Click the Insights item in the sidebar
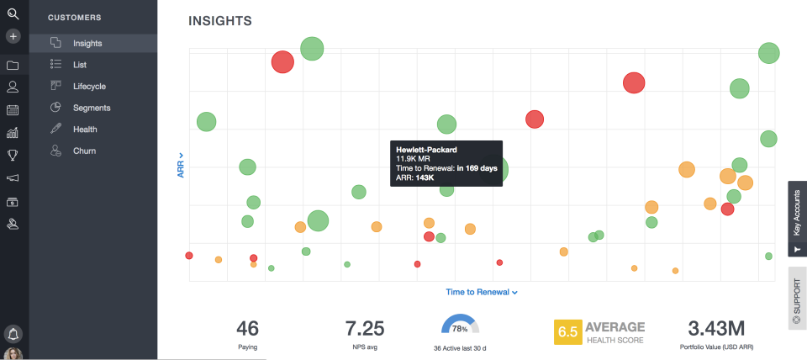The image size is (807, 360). [87, 43]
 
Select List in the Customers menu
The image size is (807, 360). [79, 65]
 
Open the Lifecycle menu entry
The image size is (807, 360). [88, 86]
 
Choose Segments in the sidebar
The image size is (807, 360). [91, 108]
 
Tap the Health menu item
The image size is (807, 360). [85, 130]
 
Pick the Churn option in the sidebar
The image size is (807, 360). [84, 151]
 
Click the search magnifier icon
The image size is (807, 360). [13, 13]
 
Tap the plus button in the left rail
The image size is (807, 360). [13, 36]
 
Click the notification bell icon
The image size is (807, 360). [13, 333]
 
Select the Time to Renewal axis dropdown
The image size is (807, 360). [481, 292]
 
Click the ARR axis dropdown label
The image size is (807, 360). [181, 165]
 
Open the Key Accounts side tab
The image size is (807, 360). [797, 218]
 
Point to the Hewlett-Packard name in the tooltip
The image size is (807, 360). [426, 150]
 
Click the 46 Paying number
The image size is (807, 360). [247, 328]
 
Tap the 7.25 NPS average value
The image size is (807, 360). [364, 328]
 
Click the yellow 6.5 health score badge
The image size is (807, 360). [567, 331]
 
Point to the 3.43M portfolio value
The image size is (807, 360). [716, 327]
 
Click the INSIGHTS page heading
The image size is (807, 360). [220, 20]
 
